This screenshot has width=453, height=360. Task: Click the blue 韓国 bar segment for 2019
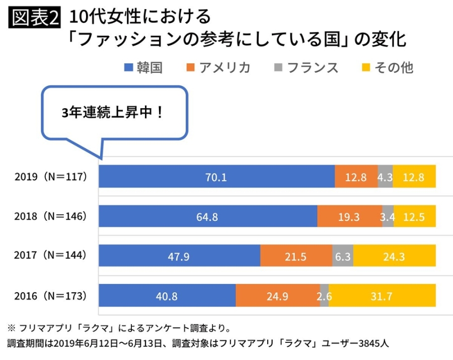[216, 176]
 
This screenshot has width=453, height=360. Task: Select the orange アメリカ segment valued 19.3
[349, 216]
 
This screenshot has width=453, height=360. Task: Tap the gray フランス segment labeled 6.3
[343, 256]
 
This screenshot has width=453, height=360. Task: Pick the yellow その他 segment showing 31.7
[382, 296]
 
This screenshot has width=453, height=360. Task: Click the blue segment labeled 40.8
[167, 296]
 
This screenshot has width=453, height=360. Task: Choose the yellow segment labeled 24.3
[394, 256]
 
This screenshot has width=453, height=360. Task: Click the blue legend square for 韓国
[128, 67]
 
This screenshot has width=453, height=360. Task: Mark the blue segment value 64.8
[208, 216]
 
